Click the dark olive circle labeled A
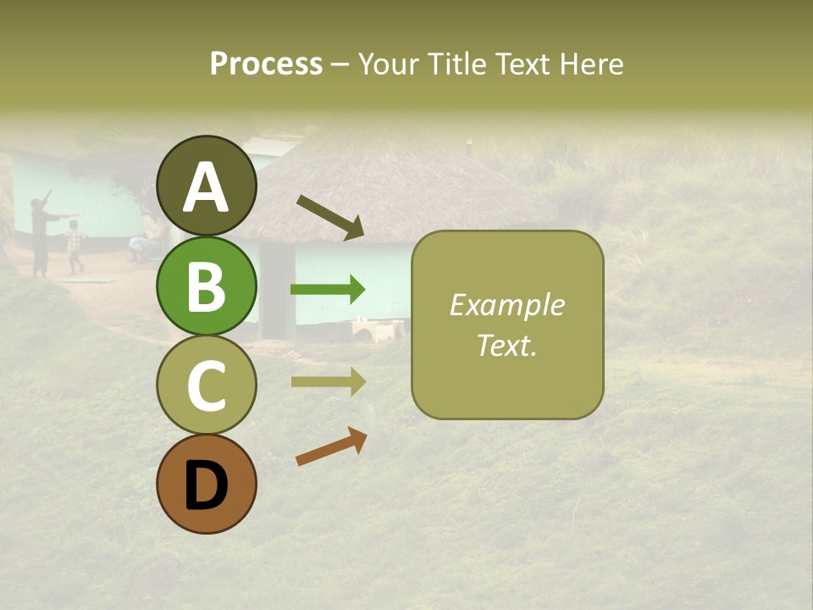pos(207,186)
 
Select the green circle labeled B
pos(207,286)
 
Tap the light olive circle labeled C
pos(207,385)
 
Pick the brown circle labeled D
pos(207,484)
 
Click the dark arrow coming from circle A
pos(330,217)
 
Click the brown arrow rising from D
pos(331,446)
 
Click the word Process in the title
pos(266,64)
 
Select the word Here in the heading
pos(590,64)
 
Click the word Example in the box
pos(506,305)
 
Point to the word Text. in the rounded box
pos(506,345)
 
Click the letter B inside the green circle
pos(207,286)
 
